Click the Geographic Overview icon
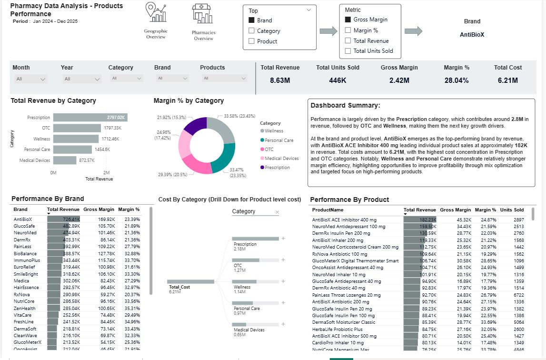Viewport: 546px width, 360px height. point(156,13)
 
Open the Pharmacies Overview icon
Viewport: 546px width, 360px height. point(203,14)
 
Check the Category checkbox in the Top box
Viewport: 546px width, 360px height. point(252,31)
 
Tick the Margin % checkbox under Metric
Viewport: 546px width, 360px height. point(348,30)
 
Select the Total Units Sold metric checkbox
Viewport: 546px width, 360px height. point(348,51)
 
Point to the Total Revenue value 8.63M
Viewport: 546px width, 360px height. point(280,80)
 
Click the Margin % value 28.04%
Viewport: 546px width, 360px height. point(457,80)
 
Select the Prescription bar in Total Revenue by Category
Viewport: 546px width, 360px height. point(90,117)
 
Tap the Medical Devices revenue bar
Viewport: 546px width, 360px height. point(64,160)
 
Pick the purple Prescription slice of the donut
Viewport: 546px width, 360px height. point(195,126)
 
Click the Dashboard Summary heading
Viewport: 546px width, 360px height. point(345,105)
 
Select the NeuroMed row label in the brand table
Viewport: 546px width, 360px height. point(25,232)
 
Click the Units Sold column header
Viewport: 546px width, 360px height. point(512,210)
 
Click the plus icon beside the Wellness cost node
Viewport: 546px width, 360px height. point(283,281)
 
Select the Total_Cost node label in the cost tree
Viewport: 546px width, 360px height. point(179,287)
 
